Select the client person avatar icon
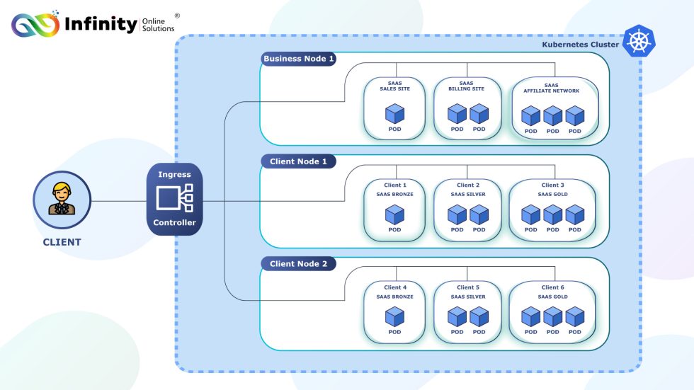(x=62, y=200)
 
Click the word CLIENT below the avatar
(x=62, y=242)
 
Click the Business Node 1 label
(x=298, y=59)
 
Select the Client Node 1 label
(x=298, y=161)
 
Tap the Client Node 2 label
(x=298, y=264)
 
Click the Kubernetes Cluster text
(x=580, y=45)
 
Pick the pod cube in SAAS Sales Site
(x=394, y=113)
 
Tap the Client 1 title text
(x=394, y=185)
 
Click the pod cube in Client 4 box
(x=394, y=316)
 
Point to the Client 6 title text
(x=552, y=287)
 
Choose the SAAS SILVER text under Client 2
(x=468, y=195)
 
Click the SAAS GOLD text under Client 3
(x=552, y=195)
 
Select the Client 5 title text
(x=468, y=287)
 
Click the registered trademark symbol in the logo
(x=176, y=16)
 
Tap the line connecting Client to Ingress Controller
(x=119, y=200)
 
